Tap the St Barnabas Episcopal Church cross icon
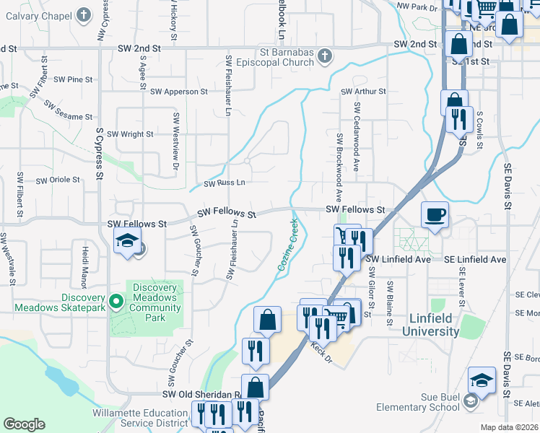325,56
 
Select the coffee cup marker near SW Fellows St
435,216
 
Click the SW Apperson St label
178,92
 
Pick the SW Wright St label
130,134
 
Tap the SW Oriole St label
58,180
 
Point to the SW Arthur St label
364,92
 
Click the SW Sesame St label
69,110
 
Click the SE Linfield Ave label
474,259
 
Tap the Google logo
24,424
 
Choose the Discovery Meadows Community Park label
154,302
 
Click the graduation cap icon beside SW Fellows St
127,242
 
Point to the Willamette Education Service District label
141,419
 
